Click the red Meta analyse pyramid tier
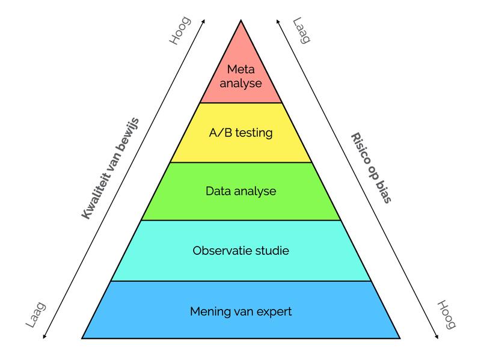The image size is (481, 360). click(x=241, y=77)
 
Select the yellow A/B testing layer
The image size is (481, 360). click(x=241, y=132)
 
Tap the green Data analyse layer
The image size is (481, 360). click(x=241, y=191)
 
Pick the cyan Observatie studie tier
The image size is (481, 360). click(x=241, y=251)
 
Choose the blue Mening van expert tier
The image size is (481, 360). click(x=241, y=310)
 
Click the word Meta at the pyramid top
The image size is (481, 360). click(x=241, y=69)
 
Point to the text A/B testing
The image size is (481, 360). click(x=241, y=133)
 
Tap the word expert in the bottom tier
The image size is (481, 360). click(x=274, y=312)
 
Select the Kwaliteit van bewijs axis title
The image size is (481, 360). click(x=111, y=168)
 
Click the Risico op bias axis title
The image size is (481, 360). click(x=371, y=168)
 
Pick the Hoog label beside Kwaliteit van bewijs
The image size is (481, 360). click(x=180, y=31)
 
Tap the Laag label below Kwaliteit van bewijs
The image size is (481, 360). click(x=36, y=314)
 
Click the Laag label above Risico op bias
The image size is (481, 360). click(x=302, y=31)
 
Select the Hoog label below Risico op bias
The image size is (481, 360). click(x=446, y=314)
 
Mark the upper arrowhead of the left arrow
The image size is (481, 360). click(x=203, y=21)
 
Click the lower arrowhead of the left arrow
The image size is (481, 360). click(x=44, y=337)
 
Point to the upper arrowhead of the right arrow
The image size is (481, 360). click(x=278, y=21)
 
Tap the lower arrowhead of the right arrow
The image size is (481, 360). click(x=437, y=337)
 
